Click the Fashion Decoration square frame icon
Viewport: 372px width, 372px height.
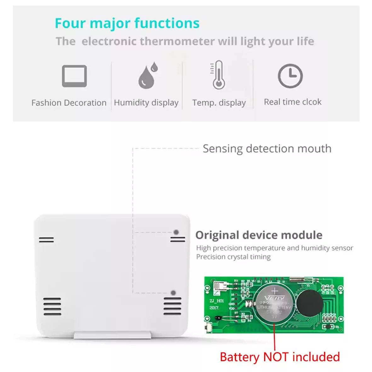coord(74,76)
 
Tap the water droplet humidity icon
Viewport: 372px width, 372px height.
coord(147,76)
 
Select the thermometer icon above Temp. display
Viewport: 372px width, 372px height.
coord(218,75)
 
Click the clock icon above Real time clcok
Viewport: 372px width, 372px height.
coord(290,76)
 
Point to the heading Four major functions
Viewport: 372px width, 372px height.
coord(127,23)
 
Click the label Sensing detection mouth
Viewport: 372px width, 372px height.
coord(267,149)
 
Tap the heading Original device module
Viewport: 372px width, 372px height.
coord(259,235)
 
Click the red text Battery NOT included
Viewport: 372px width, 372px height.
coord(280,357)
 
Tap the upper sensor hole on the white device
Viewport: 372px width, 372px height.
coord(176,232)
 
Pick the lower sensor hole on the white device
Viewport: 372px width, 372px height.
coord(173,293)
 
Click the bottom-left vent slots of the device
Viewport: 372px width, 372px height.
coord(52,306)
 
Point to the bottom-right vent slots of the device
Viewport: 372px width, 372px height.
coord(172,306)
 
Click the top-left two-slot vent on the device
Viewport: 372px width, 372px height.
coord(46,240)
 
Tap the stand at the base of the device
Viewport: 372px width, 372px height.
coord(112,335)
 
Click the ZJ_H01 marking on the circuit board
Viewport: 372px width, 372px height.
coord(217,301)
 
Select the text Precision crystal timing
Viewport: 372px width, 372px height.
coord(233,257)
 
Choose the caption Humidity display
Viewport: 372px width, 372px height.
coord(146,103)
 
